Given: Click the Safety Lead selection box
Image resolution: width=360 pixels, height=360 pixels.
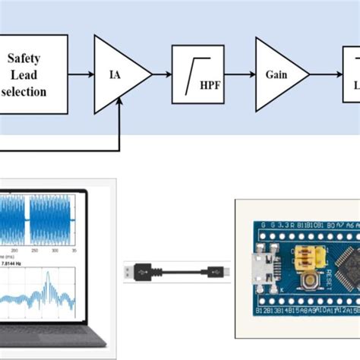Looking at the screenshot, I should coord(33,74).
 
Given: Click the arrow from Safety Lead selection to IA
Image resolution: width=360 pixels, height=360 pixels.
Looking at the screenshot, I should coord(79,74).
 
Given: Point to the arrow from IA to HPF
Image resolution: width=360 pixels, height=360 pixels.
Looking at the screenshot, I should coord(160,74).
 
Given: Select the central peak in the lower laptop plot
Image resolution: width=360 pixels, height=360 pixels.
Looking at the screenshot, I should coord(46,278).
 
